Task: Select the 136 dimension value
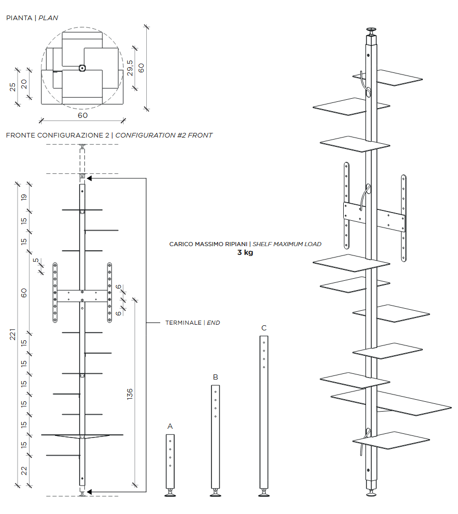coord(130,394)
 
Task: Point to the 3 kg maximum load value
coord(245,253)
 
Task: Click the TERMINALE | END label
coord(192,323)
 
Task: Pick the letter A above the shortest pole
coord(170,426)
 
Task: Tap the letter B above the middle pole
coord(216,377)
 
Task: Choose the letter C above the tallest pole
coord(264,328)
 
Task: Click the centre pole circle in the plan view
coord(82,68)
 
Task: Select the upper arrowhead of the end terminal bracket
coord(89,178)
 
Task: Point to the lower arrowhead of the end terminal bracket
coord(89,491)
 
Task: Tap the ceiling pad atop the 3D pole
coord(371,29)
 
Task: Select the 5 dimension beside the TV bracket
coord(36,260)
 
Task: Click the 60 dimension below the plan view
coord(83,115)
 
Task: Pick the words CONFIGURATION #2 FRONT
coord(164,135)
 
